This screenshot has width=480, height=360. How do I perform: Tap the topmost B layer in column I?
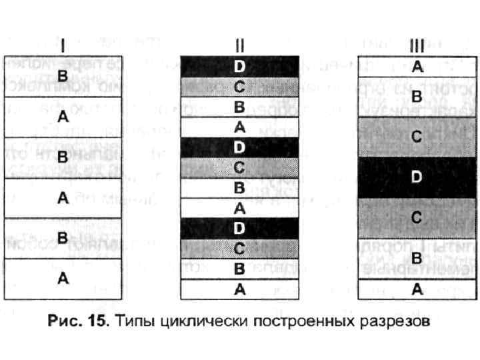click(63, 75)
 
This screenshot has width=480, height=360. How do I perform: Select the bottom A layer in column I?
click(63, 279)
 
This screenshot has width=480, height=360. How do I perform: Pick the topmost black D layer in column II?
click(239, 66)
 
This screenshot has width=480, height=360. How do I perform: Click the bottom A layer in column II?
click(239, 289)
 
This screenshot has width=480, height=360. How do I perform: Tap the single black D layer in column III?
click(417, 177)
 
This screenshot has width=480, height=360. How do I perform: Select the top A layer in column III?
click(417, 66)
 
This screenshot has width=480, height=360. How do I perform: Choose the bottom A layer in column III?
click(417, 289)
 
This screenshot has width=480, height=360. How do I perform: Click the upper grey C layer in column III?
click(417, 135)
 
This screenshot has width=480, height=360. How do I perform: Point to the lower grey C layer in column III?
click(417, 217)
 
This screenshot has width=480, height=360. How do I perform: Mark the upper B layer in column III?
click(417, 97)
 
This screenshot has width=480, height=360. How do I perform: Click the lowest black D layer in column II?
click(239, 228)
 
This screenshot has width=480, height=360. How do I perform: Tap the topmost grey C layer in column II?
click(239, 85)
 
